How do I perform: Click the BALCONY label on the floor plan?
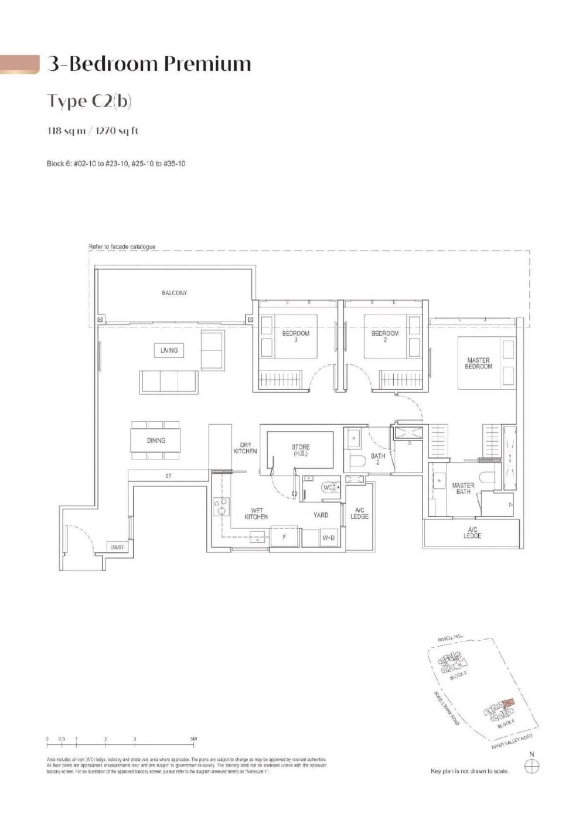tap(174, 293)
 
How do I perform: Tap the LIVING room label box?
tap(169, 350)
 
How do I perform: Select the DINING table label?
tap(156, 440)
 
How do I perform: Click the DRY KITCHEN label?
tap(245, 448)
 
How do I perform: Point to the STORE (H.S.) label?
tap(301, 450)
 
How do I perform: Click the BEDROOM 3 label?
tap(296, 336)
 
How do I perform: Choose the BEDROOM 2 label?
tap(385, 336)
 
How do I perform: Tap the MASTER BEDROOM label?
tap(479, 363)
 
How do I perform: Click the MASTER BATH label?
tap(463, 488)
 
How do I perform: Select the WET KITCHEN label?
tap(256, 514)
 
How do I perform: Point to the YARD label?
tap(321, 515)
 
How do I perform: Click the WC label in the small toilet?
tap(328, 487)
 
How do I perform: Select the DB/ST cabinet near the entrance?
tap(117, 547)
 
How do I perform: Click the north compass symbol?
tap(533, 765)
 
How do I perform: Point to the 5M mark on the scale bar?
tap(193, 739)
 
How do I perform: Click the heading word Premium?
tap(207, 63)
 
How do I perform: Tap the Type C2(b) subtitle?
tap(89, 101)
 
